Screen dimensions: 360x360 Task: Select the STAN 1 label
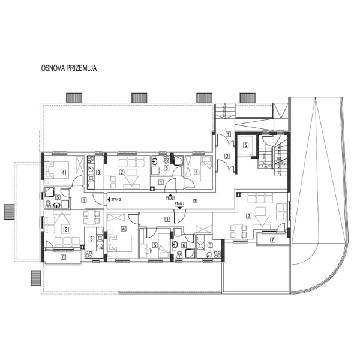(179, 204)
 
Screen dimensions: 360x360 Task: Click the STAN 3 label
(171, 198)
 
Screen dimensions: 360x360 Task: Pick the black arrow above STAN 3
(171, 194)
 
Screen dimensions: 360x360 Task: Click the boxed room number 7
(272, 241)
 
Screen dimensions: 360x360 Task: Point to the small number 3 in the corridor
(194, 200)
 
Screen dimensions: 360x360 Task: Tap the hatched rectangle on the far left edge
(9, 211)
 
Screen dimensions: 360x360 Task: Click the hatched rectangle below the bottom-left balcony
(35, 279)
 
